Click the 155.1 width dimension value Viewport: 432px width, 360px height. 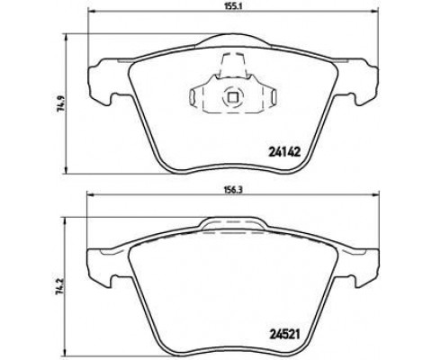[x=232, y=5]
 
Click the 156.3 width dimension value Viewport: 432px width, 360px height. [x=232, y=189]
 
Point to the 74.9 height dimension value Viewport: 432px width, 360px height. [x=60, y=103]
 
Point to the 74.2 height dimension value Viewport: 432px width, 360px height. [x=60, y=287]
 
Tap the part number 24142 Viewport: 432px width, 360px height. [x=283, y=153]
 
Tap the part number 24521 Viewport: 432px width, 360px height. [x=284, y=334]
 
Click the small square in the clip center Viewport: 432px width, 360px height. [x=233, y=97]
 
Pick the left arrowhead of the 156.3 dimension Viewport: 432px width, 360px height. [x=90, y=195]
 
